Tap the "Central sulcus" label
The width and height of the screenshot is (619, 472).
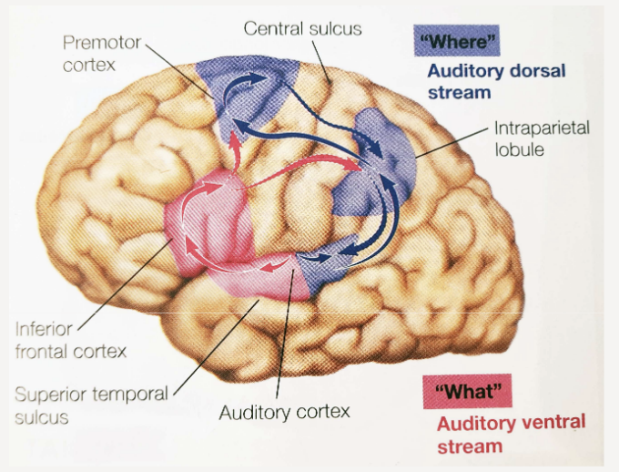(302, 28)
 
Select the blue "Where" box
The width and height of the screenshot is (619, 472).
(456, 42)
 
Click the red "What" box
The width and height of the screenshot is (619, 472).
(467, 391)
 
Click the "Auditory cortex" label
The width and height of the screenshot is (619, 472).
(284, 413)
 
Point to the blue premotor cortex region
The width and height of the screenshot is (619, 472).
(246, 91)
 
